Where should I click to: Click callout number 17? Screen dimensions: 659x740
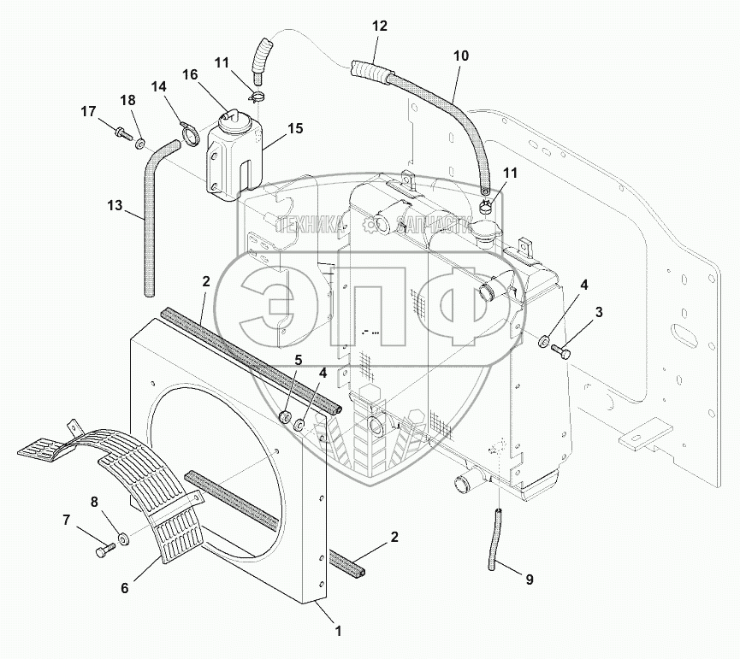point(89,111)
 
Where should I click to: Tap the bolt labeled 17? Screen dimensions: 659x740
point(121,132)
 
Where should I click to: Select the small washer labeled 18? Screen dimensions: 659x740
point(140,141)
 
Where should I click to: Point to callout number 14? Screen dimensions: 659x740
point(159,86)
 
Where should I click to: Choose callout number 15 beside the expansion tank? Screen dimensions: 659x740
point(295,130)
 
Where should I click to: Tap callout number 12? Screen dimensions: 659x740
point(380,26)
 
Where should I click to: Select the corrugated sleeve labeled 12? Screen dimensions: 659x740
point(370,68)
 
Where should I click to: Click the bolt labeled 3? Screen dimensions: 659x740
point(561,349)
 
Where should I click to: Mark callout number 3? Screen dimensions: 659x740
point(599,313)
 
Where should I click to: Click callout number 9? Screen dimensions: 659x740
point(530,580)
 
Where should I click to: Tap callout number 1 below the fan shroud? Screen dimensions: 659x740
point(338,632)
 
